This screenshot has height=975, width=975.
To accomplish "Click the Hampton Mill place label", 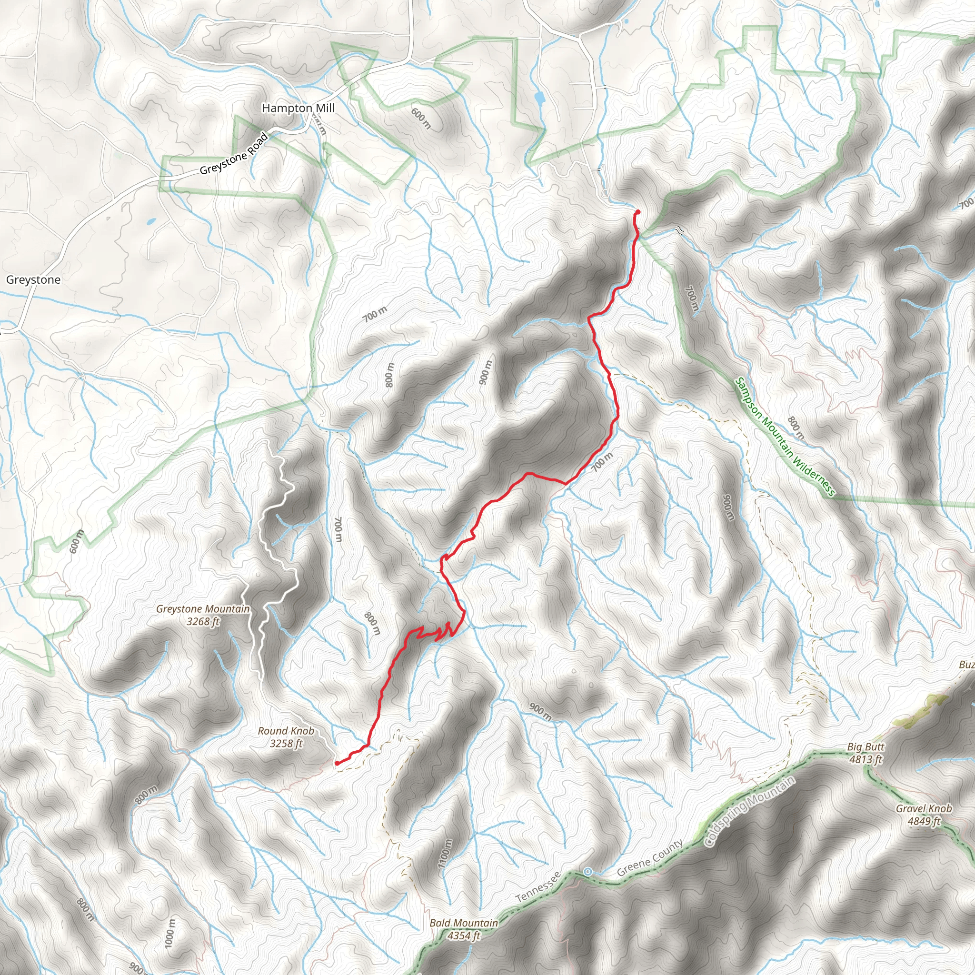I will [x=298, y=108].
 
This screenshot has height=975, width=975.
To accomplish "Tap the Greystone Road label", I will [x=233, y=154].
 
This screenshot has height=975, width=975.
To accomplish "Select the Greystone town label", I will [x=33, y=279].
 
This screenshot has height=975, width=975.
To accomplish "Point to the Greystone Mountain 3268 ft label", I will [x=203, y=615].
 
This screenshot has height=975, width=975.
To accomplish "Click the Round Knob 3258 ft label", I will [x=286, y=737].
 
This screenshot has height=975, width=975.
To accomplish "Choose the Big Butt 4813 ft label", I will [x=866, y=753].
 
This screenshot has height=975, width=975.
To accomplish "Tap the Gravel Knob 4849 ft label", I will [x=924, y=815].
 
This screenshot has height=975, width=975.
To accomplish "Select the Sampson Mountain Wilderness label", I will [x=785, y=437].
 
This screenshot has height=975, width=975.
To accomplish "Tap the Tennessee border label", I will [x=538, y=887].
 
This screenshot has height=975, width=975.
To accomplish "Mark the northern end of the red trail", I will [x=638, y=211].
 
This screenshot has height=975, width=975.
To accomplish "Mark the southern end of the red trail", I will [x=337, y=763].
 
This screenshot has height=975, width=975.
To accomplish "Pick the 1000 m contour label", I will [x=170, y=933].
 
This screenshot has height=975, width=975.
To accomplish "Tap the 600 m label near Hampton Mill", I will [x=421, y=118].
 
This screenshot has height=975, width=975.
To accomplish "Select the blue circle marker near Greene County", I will [x=587, y=872].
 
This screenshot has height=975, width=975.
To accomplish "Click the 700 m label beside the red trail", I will [x=602, y=461].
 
